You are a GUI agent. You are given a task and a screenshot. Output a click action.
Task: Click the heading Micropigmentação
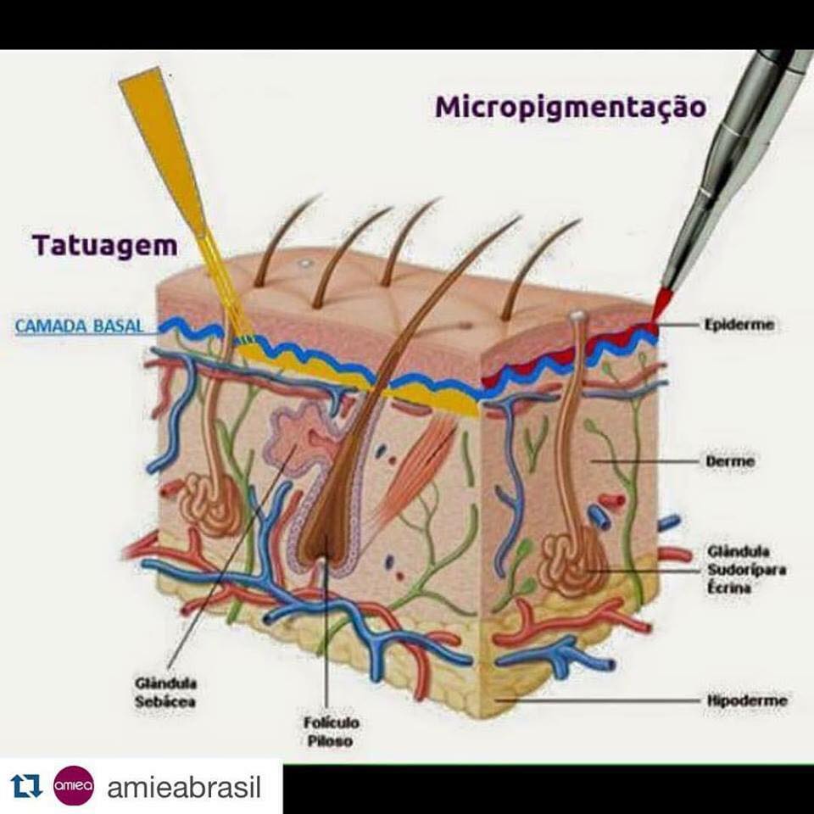(x=571, y=108)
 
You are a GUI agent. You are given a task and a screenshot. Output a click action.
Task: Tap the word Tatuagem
(x=105, y=246)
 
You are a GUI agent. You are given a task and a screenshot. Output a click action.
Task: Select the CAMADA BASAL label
(x=79, y=326)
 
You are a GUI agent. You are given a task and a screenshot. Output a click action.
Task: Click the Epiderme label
(x=739, y=325)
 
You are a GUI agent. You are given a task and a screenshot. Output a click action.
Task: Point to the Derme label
(x=730, y=461)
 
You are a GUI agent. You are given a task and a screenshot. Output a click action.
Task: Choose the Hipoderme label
(x=747, y=700)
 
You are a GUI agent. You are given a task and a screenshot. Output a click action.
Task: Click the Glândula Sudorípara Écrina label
(x=746, y=570)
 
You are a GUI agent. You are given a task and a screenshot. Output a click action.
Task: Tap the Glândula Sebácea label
(x=165, y=693)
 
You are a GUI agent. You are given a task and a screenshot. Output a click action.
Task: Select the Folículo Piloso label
(x=332, y=732)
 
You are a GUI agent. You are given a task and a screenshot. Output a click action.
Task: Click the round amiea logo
(x=74, y=786)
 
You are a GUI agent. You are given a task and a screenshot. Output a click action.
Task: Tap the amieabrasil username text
(x=184, y=787)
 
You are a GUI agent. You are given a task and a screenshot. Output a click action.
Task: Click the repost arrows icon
(x=26, y=787)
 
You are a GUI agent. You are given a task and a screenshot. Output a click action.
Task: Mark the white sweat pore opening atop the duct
(x=577, y=315)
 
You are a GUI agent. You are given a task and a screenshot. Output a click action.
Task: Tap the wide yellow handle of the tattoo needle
(x=164, y=151)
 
